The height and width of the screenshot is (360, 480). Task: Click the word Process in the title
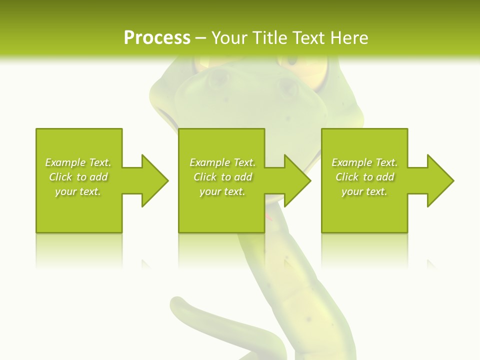pyautogui.click(x=157, y=37)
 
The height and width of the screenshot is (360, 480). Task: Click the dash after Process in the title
pyautogui.click(x=201, y=38)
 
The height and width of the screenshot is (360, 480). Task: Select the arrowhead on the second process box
pyautogui.click(x=297, y=180)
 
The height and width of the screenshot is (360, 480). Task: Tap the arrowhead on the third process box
pyautogui.click(x=440, y=180)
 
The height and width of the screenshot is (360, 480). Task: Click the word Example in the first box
pyautogui.click(x=65, y=162)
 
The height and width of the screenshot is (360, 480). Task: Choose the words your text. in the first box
pyautogui.click(x=78, y=191)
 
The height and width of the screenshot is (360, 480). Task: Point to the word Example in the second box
pyautogui.click(x=209, y=162)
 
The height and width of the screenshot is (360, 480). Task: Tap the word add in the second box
pyautogui.click(x=243, y=177)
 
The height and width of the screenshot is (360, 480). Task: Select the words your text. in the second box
pyautogui.click(x=222, y=191)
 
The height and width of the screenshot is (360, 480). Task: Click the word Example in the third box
pyautogui.click(x=352, y=162)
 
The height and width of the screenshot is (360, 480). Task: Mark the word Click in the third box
pyautogui.click(x=347, y=177)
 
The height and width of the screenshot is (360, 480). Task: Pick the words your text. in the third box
pyautogui.click(x=364, y=191)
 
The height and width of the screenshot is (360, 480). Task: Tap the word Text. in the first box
pyautogui.click(x=100, y=162)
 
